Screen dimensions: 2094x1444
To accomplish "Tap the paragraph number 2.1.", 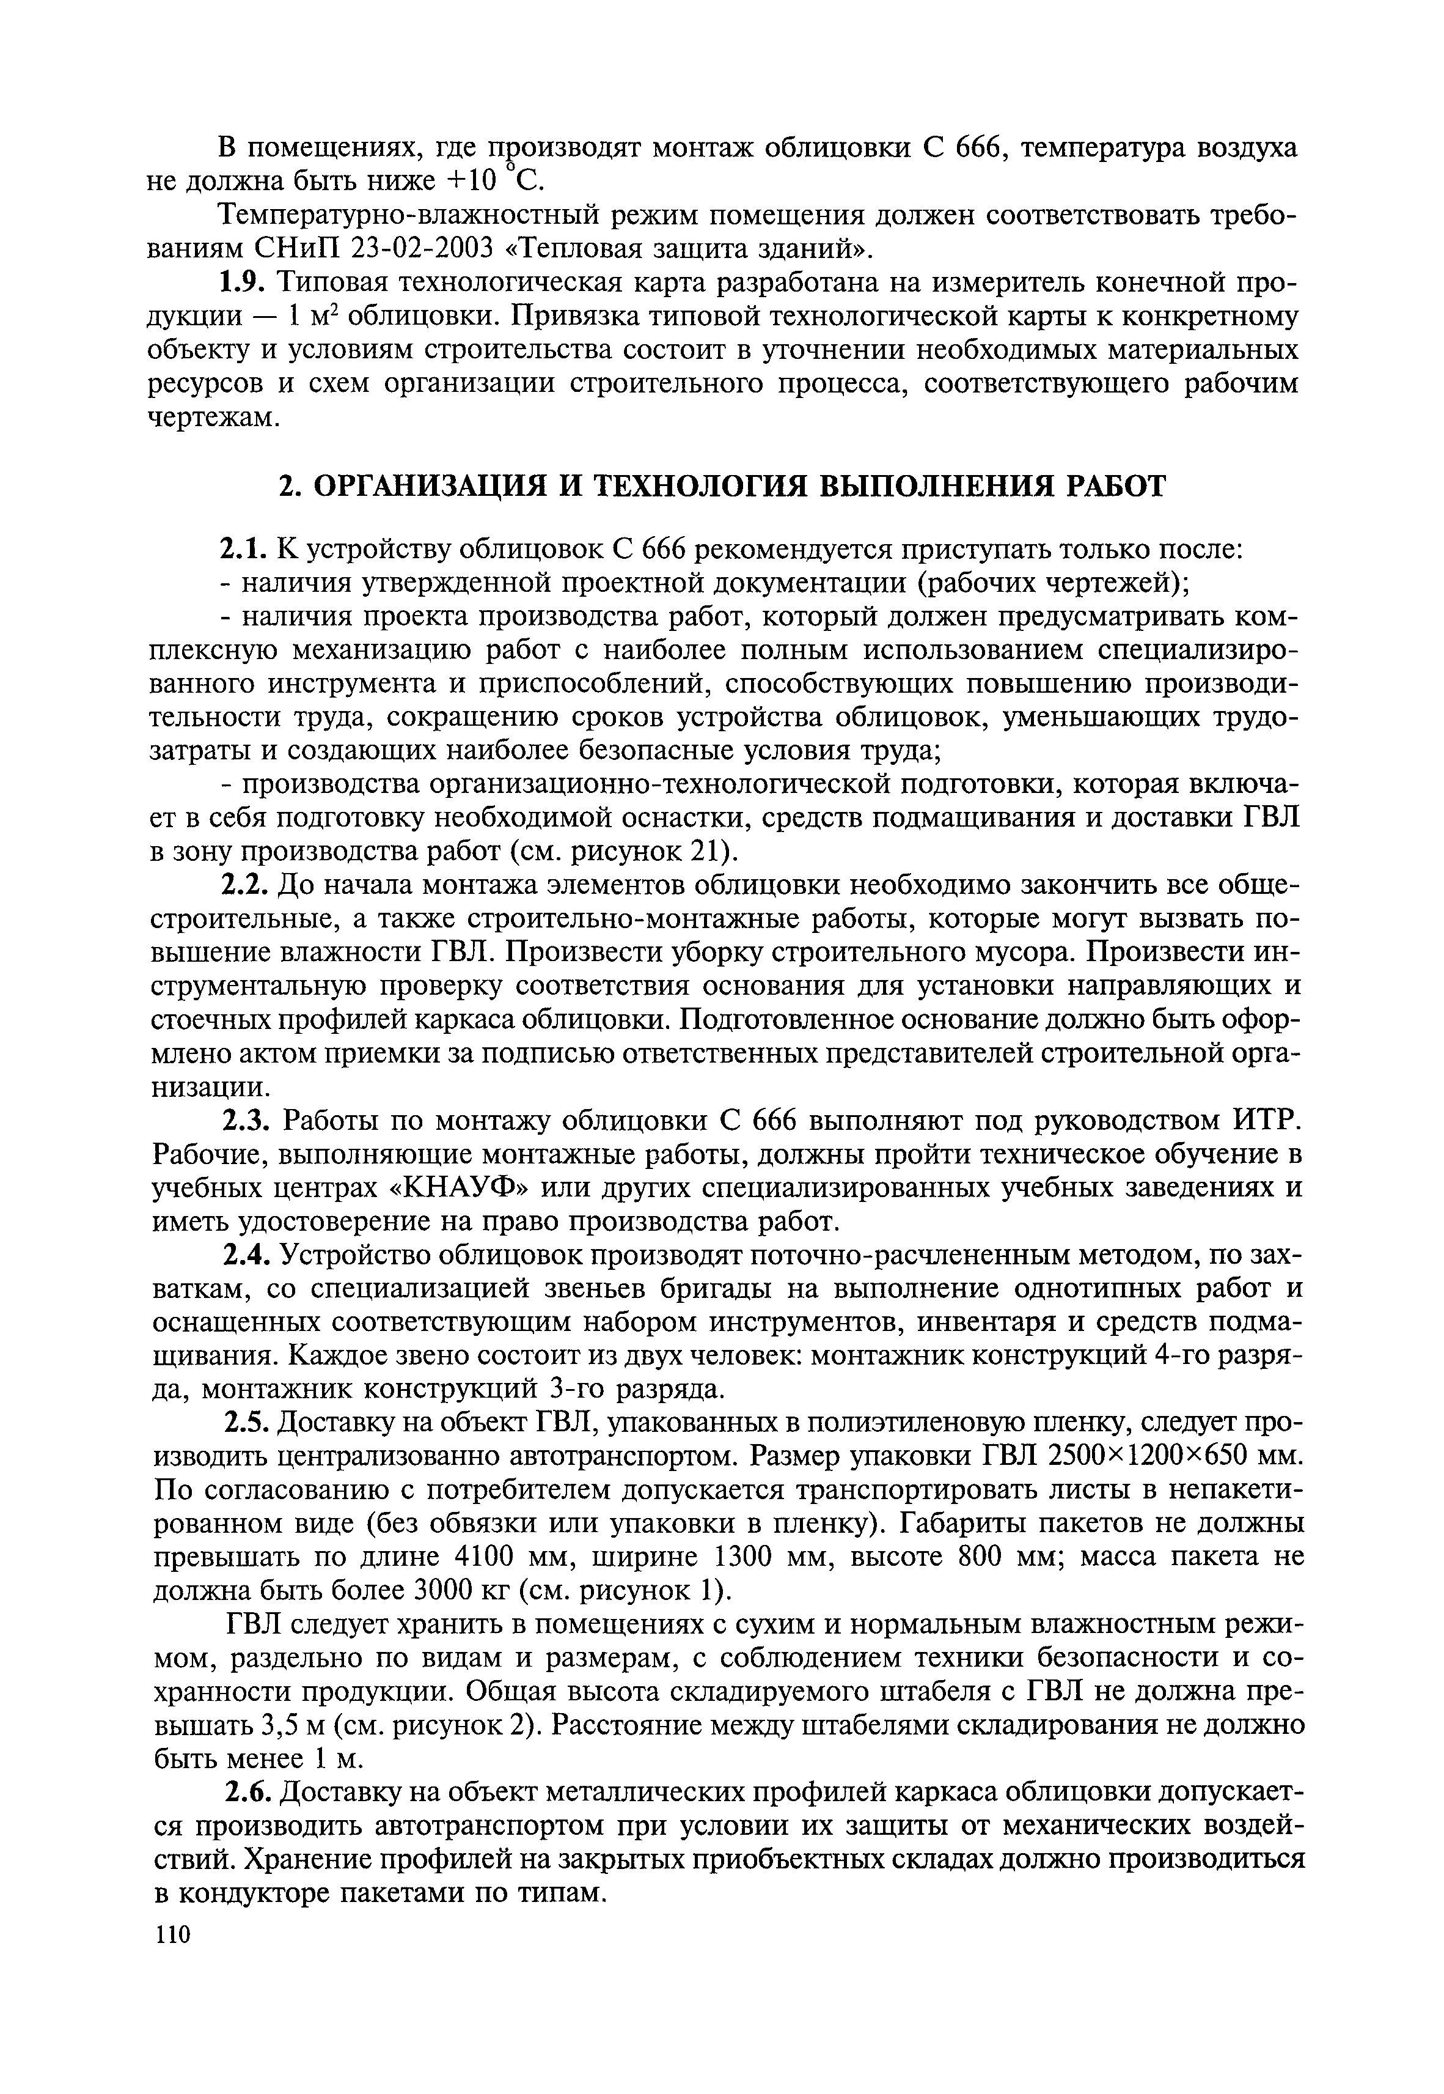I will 243,549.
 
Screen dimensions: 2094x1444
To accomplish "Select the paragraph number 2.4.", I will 246,1255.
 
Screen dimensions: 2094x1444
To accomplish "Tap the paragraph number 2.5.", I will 246,1423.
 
